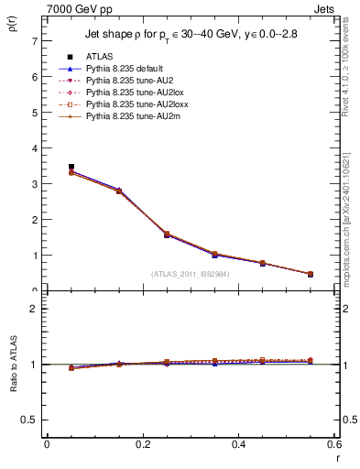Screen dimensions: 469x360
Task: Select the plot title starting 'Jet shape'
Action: click(190, 34)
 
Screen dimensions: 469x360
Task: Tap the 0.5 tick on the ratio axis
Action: click(30, 420)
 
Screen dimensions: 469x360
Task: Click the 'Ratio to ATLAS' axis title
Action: click(12, 366)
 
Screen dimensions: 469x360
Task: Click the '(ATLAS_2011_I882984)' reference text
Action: click(191, 273)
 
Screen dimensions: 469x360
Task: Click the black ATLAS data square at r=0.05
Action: click(71, 168)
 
